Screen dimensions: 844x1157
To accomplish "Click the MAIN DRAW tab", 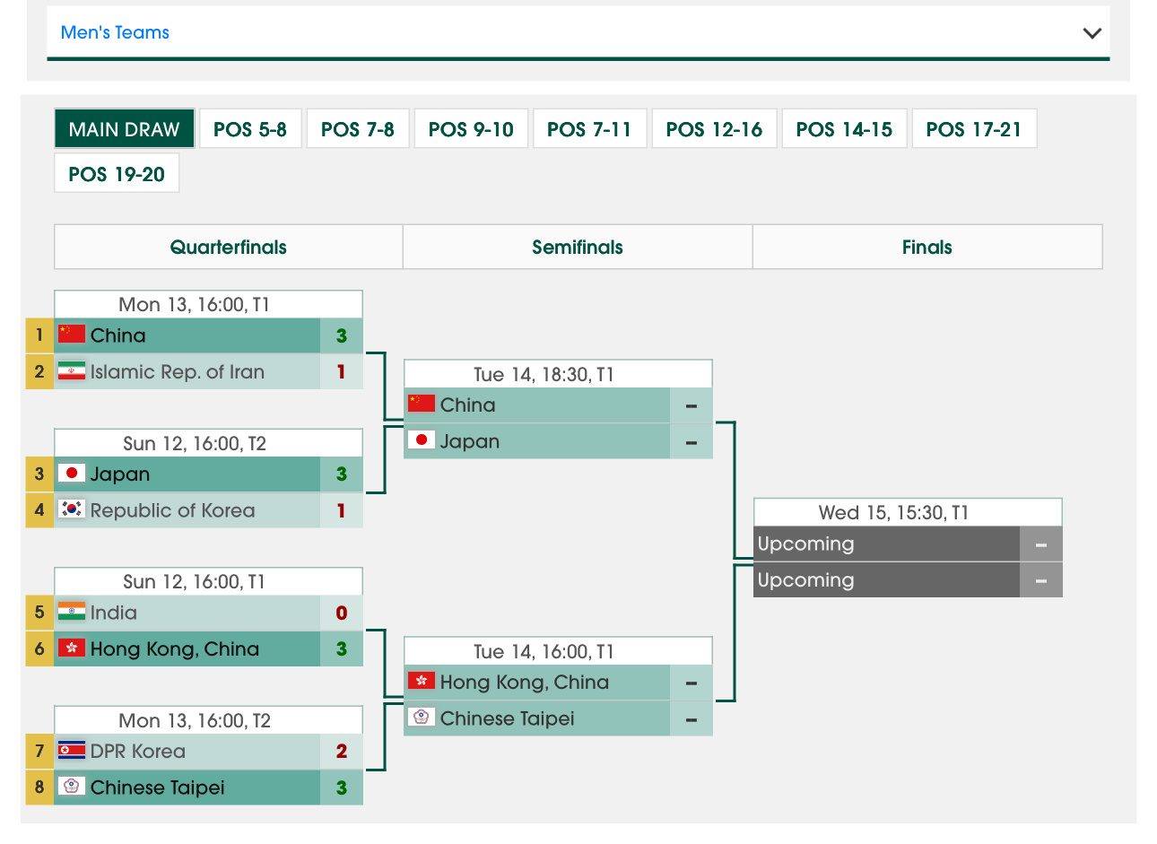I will pyautogui.click(x=124, y=129).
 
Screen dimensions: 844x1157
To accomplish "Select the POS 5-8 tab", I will pyautogui.click(x=249, y=129).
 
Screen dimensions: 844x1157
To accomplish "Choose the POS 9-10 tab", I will pyautogui.click(x=471, y=129).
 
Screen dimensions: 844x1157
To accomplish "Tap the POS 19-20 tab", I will pyautogui.click(x=117, y=174).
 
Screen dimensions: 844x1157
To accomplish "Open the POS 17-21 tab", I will pyautogui.click(x=973, y=129).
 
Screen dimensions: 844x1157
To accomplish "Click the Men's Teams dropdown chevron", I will pyautogui.click(x=1092, y=33).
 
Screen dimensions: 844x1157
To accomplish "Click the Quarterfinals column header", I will pyautogui.click(x=228, y=248).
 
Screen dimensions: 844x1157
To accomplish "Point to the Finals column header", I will pyautogui.click(x=926, y=248).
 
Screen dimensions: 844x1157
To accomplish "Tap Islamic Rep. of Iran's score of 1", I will pyautogui.click(x=341, y=371).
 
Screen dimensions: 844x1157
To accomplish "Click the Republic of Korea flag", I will pyautogui.click(x=72, y=509).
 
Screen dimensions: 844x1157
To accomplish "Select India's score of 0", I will pyautogui.click(x=341, y=613).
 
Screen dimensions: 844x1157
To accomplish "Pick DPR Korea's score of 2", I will pyautogui.click(x=341, y=752).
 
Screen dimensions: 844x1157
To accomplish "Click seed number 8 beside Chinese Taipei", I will pyautogui.click(x=39, y=787).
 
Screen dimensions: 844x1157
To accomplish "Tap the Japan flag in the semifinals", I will pyautogui.click(x=422, y=440).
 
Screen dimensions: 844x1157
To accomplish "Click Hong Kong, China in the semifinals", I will pyautogui.click(x=524, y=683).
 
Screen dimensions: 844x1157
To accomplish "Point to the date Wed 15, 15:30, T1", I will pyautogui.click(x=893, y=513).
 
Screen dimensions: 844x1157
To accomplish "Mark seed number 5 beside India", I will pyautogui.click(x=39, y=613).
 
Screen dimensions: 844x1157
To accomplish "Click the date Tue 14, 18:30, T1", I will pyautogui.click(x=544, y=375).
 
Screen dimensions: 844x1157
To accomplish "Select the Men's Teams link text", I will pyautogui.click(x=115, y=33).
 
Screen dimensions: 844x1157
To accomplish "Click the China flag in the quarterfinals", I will pyautogui.click(x=72, y=335).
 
